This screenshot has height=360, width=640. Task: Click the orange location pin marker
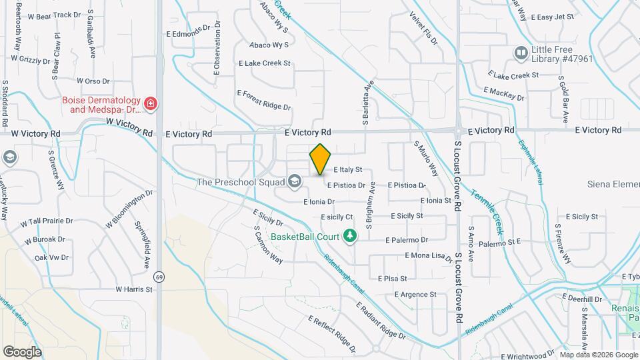click(320, 160)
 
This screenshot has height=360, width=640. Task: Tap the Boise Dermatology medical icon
click(151, 104)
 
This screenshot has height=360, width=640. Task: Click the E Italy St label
click(347, 170)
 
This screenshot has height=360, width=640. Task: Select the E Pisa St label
click(392, 278)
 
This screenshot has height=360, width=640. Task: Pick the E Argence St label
click(415, 294)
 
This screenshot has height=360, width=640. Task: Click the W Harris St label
click(134, 289)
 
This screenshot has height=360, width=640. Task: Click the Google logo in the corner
click(22, 351)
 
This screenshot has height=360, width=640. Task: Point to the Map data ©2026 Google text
click(598, 355)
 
